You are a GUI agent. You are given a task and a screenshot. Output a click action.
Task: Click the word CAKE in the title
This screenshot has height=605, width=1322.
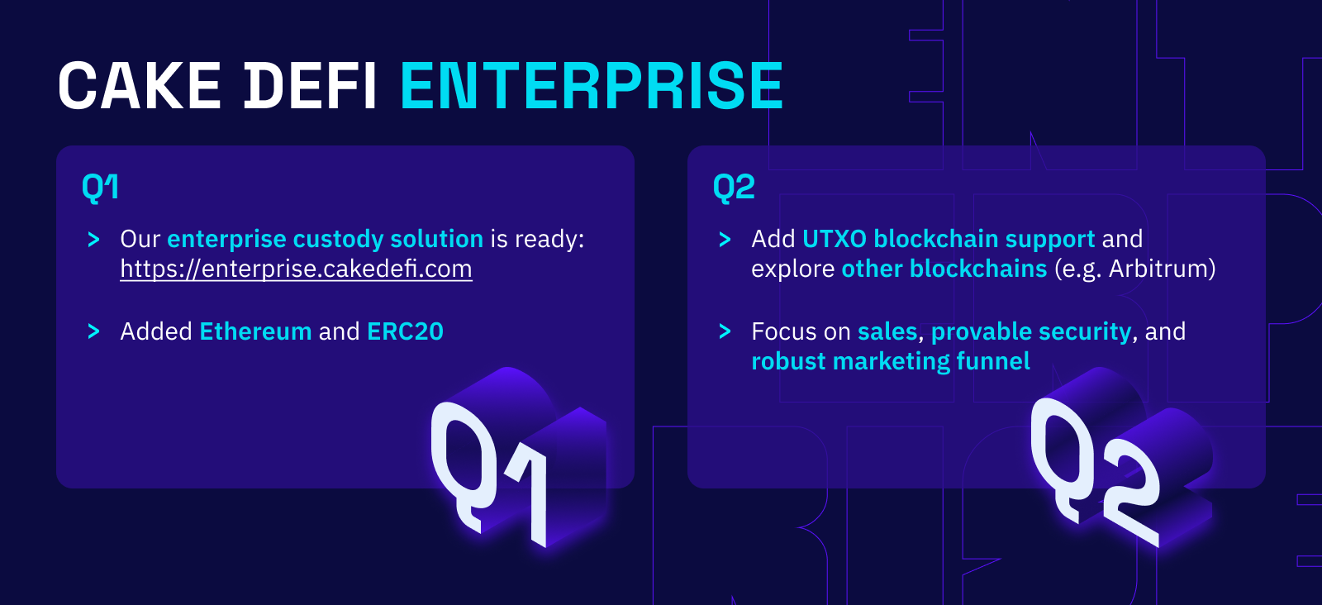(140, 86)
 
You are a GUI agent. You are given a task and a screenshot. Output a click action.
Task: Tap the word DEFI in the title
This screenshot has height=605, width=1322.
(311, 86)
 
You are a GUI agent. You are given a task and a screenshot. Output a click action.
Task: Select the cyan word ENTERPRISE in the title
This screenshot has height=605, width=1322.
(592, 86)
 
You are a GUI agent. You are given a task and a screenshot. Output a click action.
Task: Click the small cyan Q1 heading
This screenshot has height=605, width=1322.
(100, 188)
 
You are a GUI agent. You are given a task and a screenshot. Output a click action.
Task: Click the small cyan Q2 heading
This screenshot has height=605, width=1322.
(734, 188)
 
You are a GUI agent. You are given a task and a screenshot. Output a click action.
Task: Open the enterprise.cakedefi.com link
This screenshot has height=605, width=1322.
(297, 269)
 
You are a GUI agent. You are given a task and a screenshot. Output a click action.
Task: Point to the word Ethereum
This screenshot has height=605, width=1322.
(255, 331)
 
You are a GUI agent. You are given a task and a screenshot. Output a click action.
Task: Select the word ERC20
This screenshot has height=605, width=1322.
(405, 331)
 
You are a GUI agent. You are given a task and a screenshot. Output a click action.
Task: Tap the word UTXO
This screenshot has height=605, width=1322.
(835, 239)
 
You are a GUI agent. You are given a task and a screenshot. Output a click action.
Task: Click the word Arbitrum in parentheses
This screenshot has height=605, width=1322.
(1158, 269)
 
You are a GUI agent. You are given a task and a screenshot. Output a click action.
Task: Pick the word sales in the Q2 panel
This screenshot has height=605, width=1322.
(887, 331)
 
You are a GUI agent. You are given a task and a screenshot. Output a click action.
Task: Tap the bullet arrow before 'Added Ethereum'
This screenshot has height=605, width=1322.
(93, 331)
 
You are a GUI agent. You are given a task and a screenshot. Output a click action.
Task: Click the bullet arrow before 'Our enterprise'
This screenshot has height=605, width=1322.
(93, 239)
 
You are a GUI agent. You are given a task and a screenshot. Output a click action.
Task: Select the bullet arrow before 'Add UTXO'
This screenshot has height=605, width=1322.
(725, 239)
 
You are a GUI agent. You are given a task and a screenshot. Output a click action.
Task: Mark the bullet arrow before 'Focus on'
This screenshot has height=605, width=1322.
(725, 331)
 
